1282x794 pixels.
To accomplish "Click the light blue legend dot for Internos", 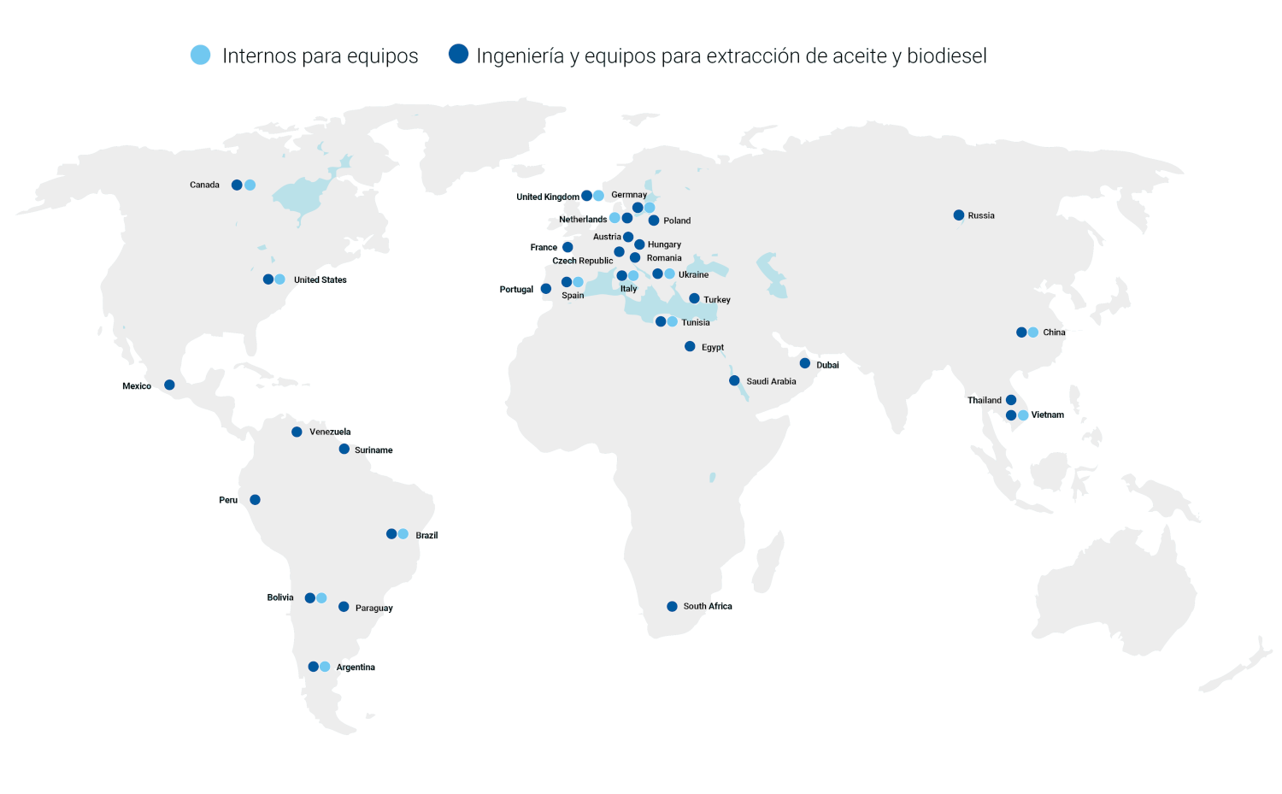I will (201, 55).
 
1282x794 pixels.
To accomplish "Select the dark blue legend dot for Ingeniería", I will (459, 55).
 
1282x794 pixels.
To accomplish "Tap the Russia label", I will (981, 215).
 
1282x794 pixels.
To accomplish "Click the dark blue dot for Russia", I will (959, 215).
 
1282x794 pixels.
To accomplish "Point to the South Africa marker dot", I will (672, 606).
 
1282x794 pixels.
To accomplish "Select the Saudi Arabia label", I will (771, 381).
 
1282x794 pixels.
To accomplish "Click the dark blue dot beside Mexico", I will (169, 385).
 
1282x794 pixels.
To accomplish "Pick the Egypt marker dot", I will (690, 346).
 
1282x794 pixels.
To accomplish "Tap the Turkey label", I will (717, 300).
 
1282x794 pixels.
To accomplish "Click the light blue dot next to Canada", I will (250, 185).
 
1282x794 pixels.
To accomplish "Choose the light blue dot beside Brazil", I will (403, 534).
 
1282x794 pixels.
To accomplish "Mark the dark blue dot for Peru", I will (255, 500).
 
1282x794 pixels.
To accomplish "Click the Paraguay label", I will (374, 608).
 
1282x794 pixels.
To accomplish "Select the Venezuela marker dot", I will (297, 432).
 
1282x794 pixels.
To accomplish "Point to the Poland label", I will (677, 221).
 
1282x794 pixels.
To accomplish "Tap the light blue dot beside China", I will (1033, 332).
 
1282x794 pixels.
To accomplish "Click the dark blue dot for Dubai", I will (805, 363).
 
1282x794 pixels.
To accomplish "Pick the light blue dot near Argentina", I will (325, 667).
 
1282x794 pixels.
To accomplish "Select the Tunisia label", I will (696, 322).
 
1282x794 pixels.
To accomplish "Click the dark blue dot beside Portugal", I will (546, 289).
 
